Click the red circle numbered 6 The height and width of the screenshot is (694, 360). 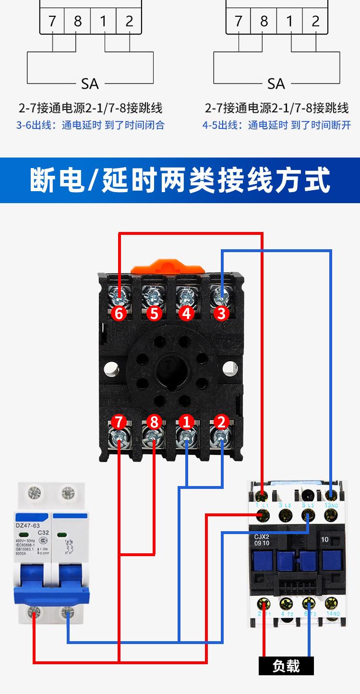120,313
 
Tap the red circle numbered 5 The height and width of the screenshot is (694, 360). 154,313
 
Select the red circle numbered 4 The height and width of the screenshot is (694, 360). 187,313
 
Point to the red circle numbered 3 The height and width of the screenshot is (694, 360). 221,313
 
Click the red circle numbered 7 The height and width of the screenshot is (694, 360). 120,423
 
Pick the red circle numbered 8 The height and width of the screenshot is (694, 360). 154,423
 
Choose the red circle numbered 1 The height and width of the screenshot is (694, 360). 187,423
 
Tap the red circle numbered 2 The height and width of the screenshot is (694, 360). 221,423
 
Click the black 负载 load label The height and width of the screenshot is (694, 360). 286,666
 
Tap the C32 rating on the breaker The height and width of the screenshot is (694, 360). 43,533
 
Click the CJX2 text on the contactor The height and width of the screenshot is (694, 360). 262,537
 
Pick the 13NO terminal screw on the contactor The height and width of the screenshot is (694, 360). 330,494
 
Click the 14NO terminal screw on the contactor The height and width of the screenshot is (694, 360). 331,603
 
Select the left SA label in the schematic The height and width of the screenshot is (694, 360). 90,84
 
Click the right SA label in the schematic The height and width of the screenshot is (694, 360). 276,84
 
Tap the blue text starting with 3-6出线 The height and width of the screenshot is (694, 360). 90,125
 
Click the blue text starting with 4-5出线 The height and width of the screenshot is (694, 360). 276,125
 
